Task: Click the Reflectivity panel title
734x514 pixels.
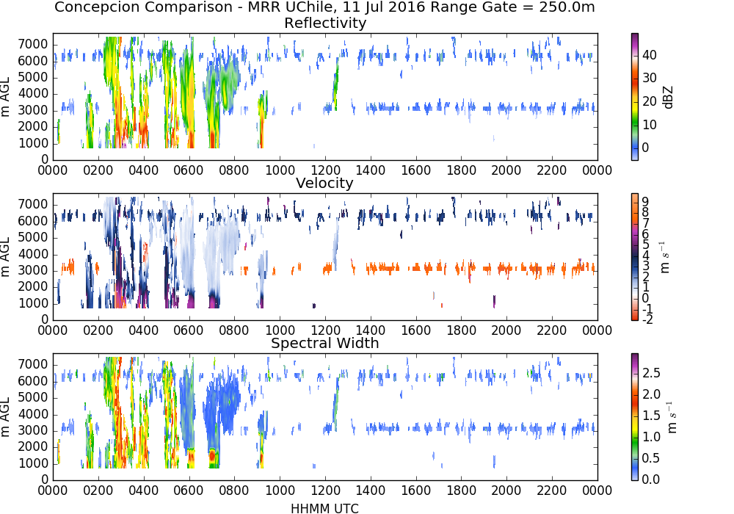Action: (325, 23)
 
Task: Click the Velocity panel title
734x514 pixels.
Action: (324, 183)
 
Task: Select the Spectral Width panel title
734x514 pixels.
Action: (325, 343)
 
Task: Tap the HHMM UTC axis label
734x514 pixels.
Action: (324, 508)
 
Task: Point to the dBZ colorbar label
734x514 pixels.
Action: (668, 98)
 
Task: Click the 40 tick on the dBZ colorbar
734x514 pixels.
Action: (650, 55)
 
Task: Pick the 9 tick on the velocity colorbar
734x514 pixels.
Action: (645, 202)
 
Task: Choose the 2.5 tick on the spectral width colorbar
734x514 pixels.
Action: (651, 373)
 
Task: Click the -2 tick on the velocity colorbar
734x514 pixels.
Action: (647, 319)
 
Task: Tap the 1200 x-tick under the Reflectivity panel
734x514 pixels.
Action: (325, 170)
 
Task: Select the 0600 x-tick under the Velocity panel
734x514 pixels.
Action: (189, 330)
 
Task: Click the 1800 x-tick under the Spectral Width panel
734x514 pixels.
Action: (461, 491)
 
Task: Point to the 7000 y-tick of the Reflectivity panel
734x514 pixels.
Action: (33, 45)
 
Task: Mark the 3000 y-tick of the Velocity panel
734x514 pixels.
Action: (33, 270)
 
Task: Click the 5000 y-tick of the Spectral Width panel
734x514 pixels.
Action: (33, 398)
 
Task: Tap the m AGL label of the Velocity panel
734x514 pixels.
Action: (6, 257)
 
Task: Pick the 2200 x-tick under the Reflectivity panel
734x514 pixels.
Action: (552, 170)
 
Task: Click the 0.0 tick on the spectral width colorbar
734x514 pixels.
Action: (651, 479)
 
